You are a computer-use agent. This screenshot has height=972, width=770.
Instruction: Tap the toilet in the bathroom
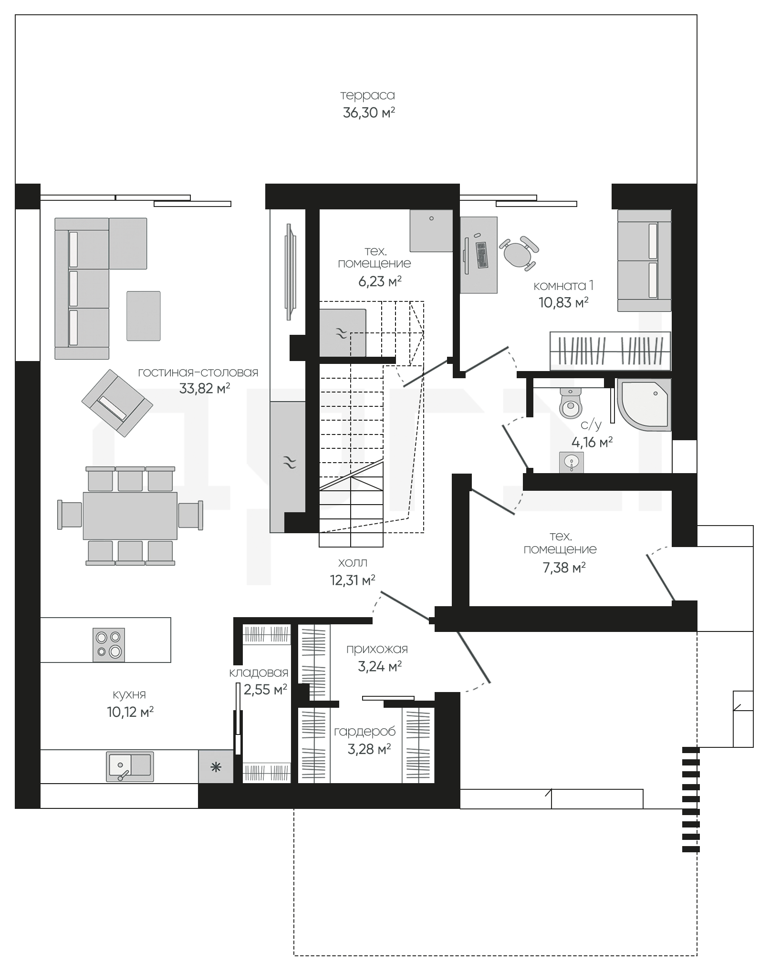click(570, 402)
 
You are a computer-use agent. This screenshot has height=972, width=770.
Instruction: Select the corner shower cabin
click(644, 405)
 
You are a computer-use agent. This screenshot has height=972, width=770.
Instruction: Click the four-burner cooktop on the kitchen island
click(109, 645)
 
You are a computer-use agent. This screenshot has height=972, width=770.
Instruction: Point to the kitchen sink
click(130, 766)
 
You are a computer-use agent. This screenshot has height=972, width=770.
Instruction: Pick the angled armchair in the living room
click(117, 403)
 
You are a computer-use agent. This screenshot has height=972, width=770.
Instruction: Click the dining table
click(130, 516)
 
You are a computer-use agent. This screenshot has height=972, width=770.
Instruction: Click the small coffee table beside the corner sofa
click(144, 316)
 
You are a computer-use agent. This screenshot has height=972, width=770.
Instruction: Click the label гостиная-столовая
click(198, 372)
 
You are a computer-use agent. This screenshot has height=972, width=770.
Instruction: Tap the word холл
click(352, 563)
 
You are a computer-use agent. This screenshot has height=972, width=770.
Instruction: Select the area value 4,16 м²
click(592, 442)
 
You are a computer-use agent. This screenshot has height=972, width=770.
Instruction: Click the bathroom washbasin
click(571, 462)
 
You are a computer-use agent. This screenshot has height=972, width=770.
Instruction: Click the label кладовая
click(259, 672)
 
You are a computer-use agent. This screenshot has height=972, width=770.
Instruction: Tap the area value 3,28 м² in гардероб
click(369, 749)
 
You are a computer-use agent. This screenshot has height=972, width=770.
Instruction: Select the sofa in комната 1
click(645, 260)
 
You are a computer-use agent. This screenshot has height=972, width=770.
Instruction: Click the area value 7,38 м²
click(564, 568)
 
